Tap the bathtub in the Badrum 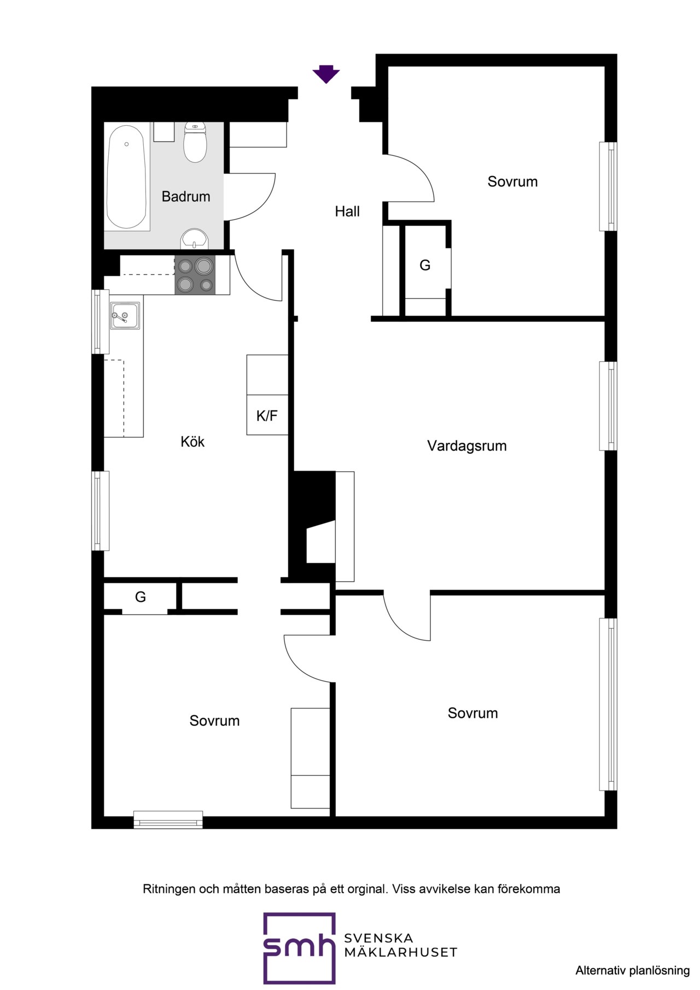[127, 177]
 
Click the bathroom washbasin [194, 239]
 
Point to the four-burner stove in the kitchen [195, 275]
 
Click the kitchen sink [125, 316]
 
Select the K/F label [267, 416]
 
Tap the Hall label [347, 212]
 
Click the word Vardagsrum [467, 446]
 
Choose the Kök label [192, 442]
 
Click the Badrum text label [186, 197]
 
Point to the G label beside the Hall [425, 266]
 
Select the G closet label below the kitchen [141, 597]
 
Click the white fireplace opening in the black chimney [320, 542]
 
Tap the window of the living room [608, 406]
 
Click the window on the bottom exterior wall [168, 819]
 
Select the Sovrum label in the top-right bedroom [512, 181]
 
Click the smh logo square [299, 948]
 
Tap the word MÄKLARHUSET [400, 953]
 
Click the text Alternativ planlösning [632, 970]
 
